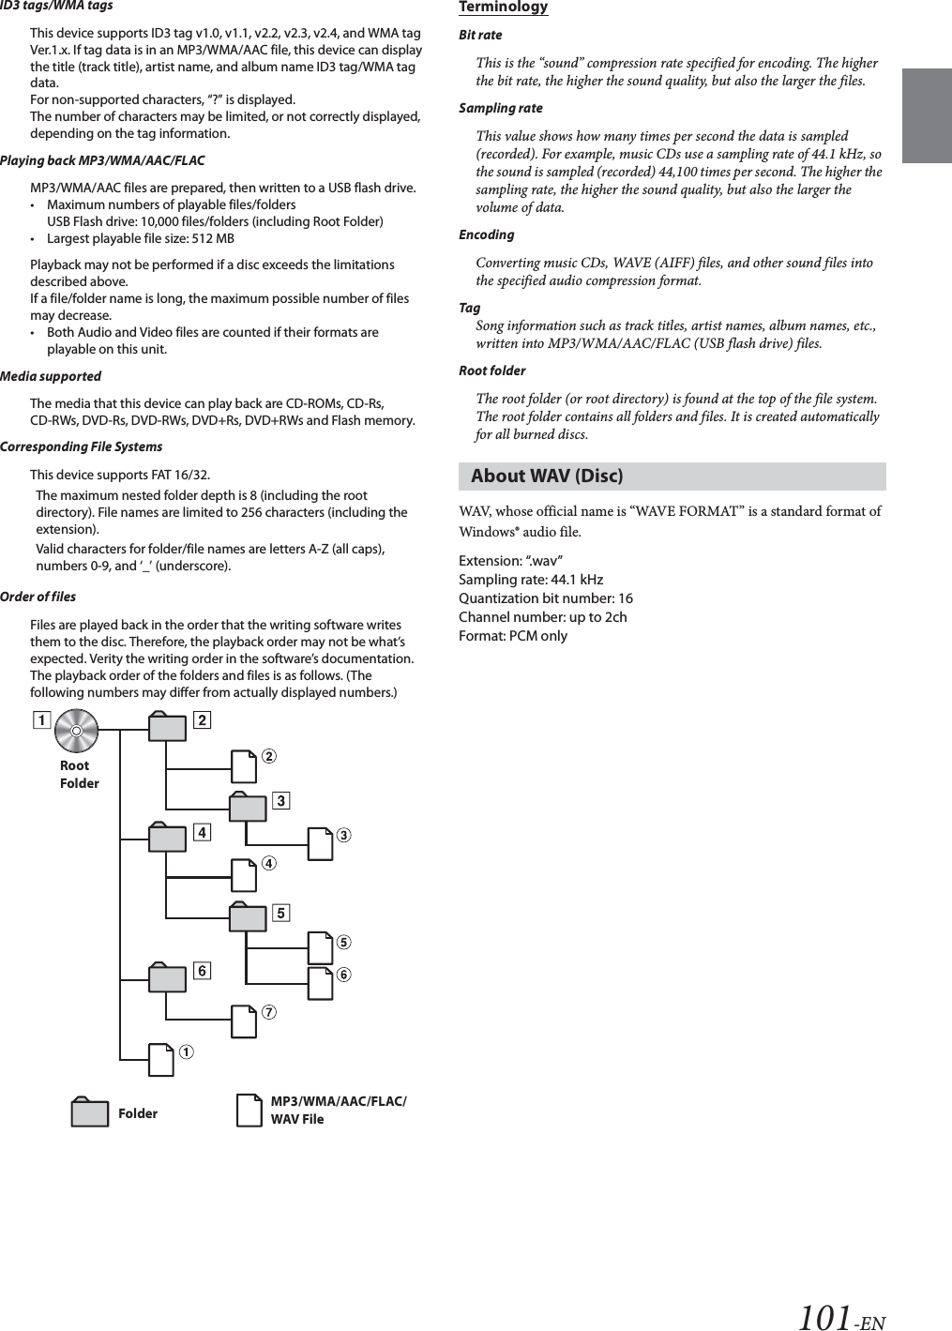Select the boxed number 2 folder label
pos(203,720)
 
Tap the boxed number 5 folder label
pos(281,913)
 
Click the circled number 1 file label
pos(188,1051)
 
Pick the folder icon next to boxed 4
pos(168,837)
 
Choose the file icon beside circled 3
pos(321,844)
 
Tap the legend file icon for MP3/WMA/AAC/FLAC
pos(249,1110)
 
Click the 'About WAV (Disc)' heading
pos(547,476)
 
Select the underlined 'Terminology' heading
pos(503,8)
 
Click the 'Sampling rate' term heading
pos(500,108)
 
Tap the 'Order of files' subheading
pos(38,597)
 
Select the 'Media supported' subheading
pos(51,376)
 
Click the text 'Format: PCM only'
pos(513,636)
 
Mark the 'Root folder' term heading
pos(491,371)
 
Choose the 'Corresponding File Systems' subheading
pos(81,446)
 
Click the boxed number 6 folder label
pos(203,971)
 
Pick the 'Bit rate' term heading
pos(480,35)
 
